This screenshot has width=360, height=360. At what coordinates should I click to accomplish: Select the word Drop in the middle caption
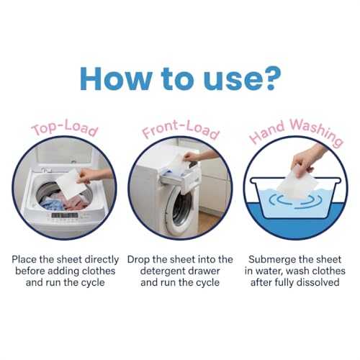(x=142, y=258)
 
